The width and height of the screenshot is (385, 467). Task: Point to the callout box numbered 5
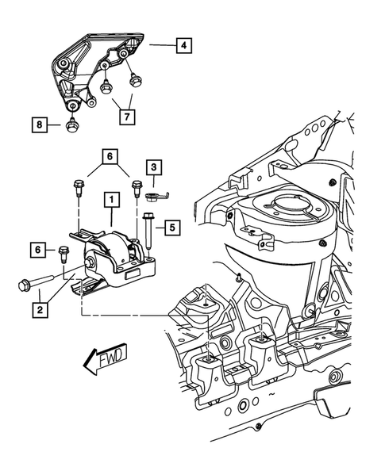click(x=173, y=228)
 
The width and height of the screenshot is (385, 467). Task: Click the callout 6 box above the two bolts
click(x=110, y=156)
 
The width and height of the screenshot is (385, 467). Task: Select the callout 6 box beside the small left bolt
click(x=37, y=250)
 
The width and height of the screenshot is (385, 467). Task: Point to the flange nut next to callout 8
click(x=71, y=124)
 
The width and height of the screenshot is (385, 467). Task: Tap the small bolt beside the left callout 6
click(x=62, y=254)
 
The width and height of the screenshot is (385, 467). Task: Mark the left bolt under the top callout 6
click(x=78, y=189)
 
